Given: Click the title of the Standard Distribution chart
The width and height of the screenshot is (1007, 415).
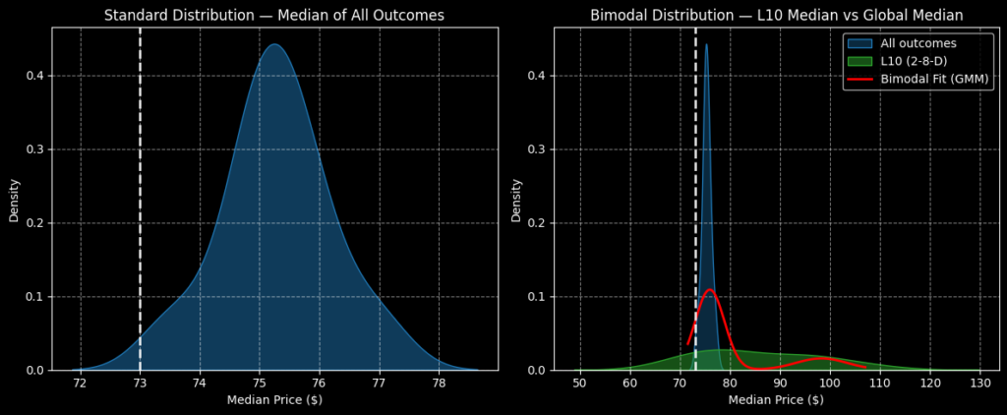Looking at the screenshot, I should [x=274, y=15].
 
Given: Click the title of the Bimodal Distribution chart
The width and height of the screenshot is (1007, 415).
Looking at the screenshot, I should [x=777, y=15].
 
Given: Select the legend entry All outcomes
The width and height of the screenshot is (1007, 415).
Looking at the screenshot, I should [x=918, y=43].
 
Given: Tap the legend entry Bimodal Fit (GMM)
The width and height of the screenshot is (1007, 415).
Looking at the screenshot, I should [x=932, y=79].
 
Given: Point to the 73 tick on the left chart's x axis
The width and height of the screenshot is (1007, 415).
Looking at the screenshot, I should [x=140, y=383].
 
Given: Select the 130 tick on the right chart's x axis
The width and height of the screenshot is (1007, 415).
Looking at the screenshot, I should [x=979, y=383].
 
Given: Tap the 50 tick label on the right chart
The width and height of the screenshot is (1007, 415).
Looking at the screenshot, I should [x=580, y=383].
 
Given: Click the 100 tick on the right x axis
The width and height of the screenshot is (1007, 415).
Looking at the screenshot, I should [x=829, y=383].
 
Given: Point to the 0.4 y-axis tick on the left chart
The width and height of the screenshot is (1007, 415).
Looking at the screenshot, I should [x=34, y=76].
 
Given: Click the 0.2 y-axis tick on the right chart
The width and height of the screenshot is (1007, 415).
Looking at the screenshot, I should [x=536, y=223].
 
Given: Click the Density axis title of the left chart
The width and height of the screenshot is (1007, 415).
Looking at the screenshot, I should [x=15, y=200].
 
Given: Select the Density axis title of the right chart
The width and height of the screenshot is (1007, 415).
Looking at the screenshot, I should [x=516, y=200].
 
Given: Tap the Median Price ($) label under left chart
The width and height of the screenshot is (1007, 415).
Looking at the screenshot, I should [x=274, y=400].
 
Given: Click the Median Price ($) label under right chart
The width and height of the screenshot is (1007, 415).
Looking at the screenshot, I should [x=776, y=400].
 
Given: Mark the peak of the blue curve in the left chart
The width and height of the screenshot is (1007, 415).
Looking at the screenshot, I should [x=274, y=44].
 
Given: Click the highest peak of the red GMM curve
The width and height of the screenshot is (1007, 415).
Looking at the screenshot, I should [x=709, y=290].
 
